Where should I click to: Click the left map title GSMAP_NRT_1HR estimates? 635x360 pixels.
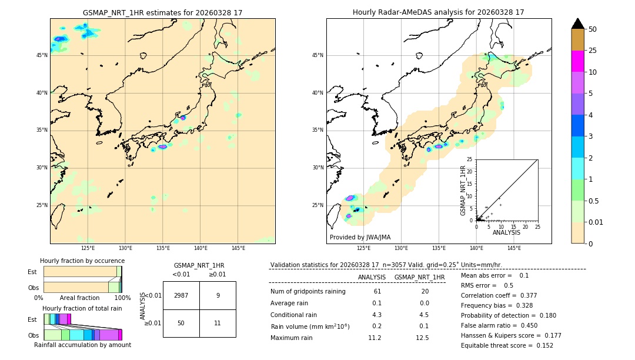point(162,12)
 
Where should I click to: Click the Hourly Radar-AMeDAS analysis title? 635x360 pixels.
point(439,12)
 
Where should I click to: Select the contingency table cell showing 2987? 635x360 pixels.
point(181,295)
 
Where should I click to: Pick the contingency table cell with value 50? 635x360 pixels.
point(181,323)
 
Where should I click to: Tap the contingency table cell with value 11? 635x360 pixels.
point(218,323)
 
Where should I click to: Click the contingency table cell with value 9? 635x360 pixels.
point(218,295)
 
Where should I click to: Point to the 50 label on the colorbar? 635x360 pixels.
point(593,29)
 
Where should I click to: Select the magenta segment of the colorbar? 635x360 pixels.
point(578,61)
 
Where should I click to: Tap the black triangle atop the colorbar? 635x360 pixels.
point(578,24)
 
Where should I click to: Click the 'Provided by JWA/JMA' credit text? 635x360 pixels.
point(360,237)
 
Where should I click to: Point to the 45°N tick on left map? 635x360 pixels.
point(42,55)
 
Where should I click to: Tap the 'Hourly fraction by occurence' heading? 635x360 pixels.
point(82,261)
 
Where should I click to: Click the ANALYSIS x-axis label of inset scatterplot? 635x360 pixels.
point(506,232)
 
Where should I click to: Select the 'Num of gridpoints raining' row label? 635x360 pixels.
point(308,292)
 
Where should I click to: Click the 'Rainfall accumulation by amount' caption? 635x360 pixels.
point(82,345)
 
